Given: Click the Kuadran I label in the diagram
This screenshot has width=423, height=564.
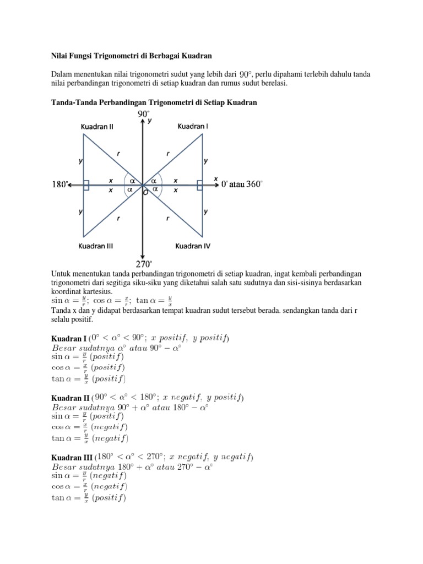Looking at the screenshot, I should [x=193, y=126].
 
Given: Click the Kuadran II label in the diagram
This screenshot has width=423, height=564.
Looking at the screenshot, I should [x=97, y=126].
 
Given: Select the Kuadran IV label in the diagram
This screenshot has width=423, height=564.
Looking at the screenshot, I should [x=193, y=246].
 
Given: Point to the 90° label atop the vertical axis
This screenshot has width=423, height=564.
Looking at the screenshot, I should [x=144, y=114].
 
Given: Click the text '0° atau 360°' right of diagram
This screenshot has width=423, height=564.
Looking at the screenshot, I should [x=242, y=184].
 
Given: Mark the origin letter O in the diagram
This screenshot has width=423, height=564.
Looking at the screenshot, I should [x=145, y=193].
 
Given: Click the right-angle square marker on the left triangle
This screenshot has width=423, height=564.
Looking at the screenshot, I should [x=86, y=186].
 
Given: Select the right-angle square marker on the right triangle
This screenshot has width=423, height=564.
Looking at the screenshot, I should [x=199, y=186].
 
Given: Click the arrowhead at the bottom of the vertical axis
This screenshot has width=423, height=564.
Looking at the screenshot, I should [x=143, y=255].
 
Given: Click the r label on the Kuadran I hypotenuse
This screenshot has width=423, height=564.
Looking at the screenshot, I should [x=168, y=154].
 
